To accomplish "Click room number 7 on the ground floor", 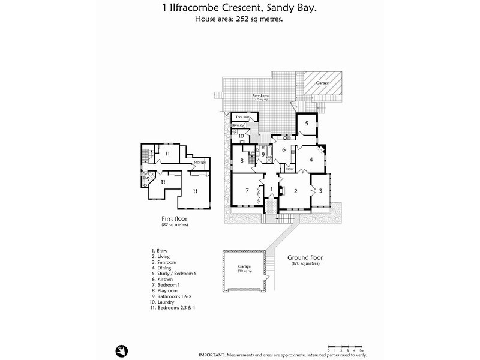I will pyautogui.click(x=247, y=190).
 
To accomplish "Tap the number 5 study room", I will pyautogui.click(x=306, y=124).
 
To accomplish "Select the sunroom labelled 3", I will pyautogui.click(x=320, y=190).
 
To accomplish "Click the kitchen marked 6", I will pyautogui.click(x=283, y=150).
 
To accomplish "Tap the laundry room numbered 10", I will pyautogui.click(x=241, y=136).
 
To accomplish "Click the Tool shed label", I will pyautogui.click(x=242, y=116).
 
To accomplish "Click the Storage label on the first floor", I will pyautogui.click(x=199, y=162).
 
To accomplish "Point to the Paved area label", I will pyautogui.click(x=259, y=97).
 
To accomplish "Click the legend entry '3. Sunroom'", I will pyautogui.click(x=165, y=262).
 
